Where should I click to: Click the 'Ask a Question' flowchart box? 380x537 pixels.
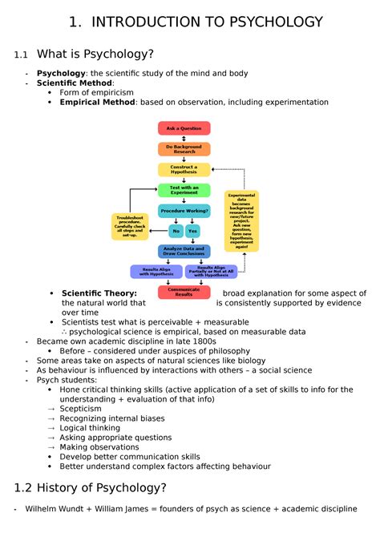pyautogui.click(x=184, y=128)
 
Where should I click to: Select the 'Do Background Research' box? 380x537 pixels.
pyautogui.click(x=184, y=149)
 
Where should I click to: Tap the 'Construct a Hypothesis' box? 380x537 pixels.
pyautogui.click(x=184, y=170)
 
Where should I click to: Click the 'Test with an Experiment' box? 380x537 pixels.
pyautogui.click(x=184, y=190)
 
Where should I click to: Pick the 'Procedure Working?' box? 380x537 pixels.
pyautogui.click(x=184, y=211)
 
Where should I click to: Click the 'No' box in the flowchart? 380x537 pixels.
pyautogui.click(x=176, y=231)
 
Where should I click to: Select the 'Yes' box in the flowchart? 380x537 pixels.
pyautogui.click(x=192, y=231)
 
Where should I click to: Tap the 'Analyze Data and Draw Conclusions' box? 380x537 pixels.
pyautogui.click(x=184, y=252)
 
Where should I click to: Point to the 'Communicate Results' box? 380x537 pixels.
pyautogui.click(x=184, y=292)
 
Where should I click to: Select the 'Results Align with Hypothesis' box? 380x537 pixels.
pyautogui.click(x=155, y=272)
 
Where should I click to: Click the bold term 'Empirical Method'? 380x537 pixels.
pyautogui.click(x=96, y=103)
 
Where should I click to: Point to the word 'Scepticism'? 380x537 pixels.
pyautogui.click(x=80, y=409)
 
